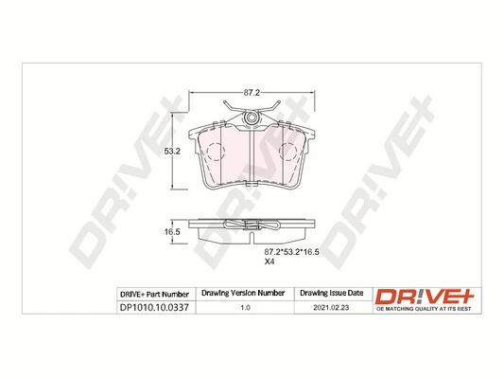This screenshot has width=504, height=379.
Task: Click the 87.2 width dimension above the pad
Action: tap(251, 92)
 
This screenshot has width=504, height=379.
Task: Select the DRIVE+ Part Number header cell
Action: tap(156, 295)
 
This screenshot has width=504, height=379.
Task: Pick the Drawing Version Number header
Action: tap(245, 295)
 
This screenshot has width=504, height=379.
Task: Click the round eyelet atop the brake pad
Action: tap(252, 117)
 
